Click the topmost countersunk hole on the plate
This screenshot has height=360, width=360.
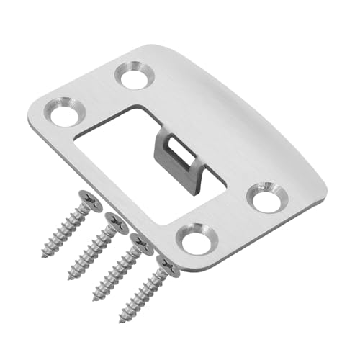point(135,75)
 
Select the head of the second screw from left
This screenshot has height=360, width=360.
point(115,218)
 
